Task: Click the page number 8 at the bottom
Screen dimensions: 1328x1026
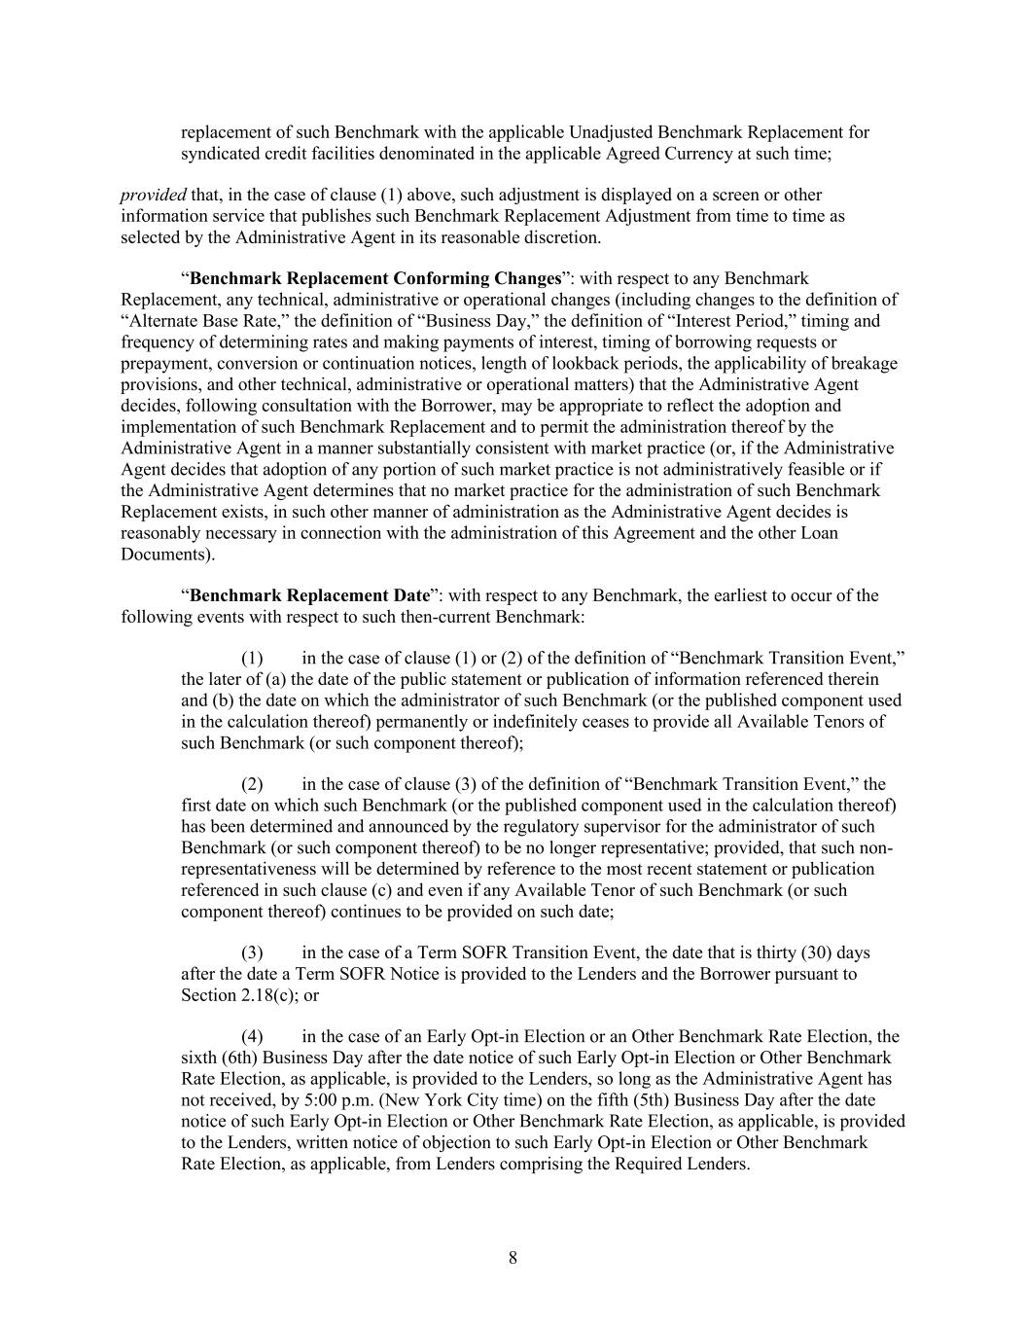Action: tap(513, 1258)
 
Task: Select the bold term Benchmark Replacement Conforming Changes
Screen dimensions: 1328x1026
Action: tap(375, 279)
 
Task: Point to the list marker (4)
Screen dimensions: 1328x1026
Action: tap(253, 1036)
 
